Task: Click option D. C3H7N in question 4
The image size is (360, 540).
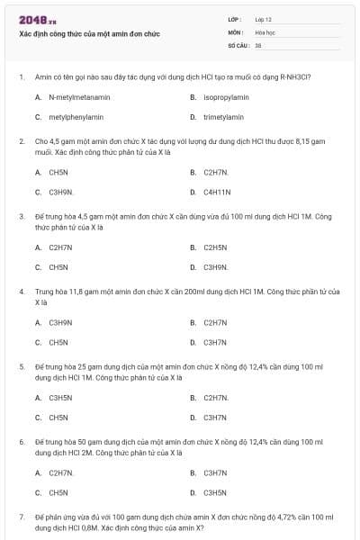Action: (215, 342)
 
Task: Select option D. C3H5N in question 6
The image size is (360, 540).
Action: (215, 492)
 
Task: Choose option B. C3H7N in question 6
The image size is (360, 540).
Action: (215, 472)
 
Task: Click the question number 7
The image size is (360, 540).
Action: (21, 517)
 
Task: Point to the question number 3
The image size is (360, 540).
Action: (21, 216)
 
